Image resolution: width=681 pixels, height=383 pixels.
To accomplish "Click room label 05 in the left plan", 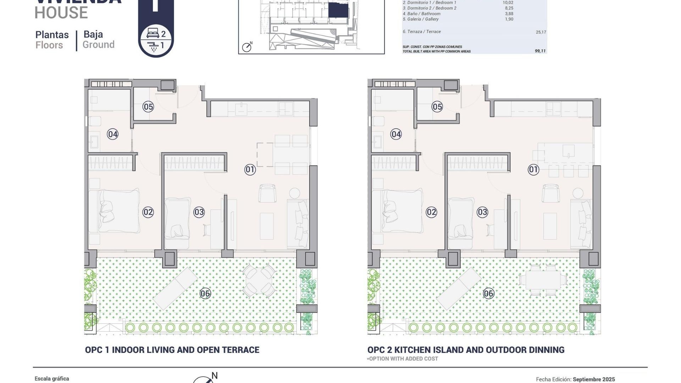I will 148,107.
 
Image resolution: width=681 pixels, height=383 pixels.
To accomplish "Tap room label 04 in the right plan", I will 396,134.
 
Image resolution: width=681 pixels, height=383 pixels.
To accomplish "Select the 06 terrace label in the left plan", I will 205,293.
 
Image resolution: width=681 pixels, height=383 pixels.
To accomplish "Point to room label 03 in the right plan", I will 482,212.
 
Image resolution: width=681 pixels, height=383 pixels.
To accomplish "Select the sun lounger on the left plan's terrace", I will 175,289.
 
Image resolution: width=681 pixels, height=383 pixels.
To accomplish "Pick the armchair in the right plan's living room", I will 551,194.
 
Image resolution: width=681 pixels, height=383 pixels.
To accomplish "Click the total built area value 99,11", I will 540,51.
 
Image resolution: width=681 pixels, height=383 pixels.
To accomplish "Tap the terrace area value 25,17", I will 541,32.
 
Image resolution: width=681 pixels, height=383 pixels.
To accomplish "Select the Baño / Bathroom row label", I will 421,14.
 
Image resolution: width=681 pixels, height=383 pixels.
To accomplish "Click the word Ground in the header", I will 99,45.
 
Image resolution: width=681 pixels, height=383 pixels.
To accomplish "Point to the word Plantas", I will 52,35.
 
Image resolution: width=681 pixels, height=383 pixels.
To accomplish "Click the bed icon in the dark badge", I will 153,34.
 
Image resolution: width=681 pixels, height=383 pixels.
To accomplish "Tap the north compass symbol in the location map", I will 247,47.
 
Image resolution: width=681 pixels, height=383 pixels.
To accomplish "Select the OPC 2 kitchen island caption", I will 466,350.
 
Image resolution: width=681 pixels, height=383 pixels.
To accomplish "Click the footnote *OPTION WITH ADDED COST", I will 403,359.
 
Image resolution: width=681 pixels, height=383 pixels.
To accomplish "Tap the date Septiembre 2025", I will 594,379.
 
